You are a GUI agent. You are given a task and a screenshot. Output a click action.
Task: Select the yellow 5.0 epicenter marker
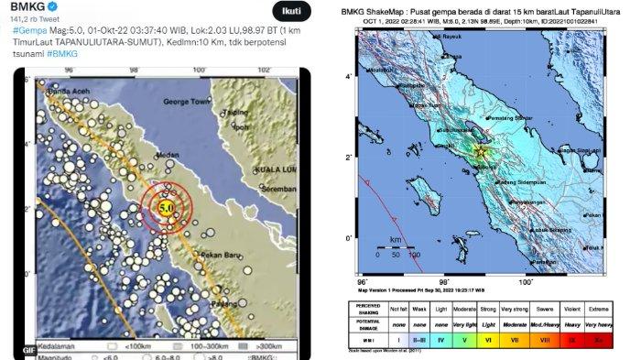(x=167, y=208)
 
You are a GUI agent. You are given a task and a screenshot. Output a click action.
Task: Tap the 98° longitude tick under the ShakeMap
(x=443, y=281)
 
